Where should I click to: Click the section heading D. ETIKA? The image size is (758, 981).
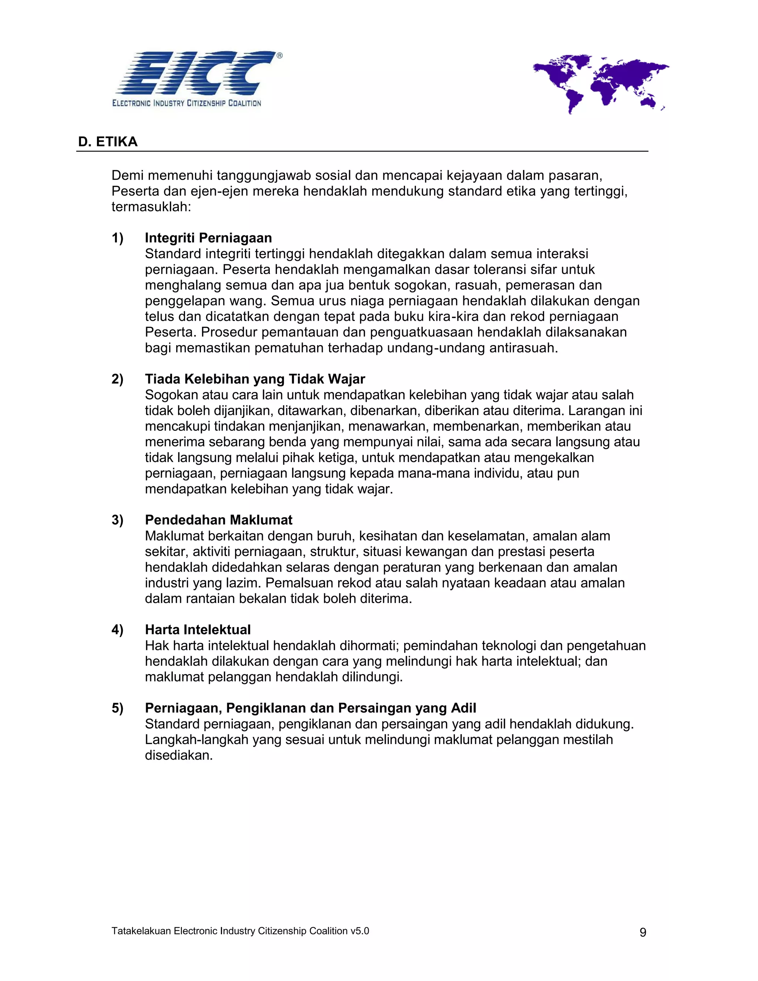(x=108, y=142)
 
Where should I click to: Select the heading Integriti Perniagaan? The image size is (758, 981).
(x=208, y=238)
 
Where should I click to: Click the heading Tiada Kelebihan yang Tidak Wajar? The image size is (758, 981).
(x=255, y=379)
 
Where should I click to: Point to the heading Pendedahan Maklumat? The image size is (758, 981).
(x=218, y=520)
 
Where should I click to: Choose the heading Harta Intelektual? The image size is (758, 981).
(x=198, y=629)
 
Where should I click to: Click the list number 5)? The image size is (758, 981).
(x=117, y=708)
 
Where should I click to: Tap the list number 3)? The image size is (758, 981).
(x=117, y=520)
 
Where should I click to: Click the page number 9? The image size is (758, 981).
(x=643, y=932)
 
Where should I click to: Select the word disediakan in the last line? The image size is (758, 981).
(x=178, y=755)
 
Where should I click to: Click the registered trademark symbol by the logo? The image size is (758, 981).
(x=279, y=56)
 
